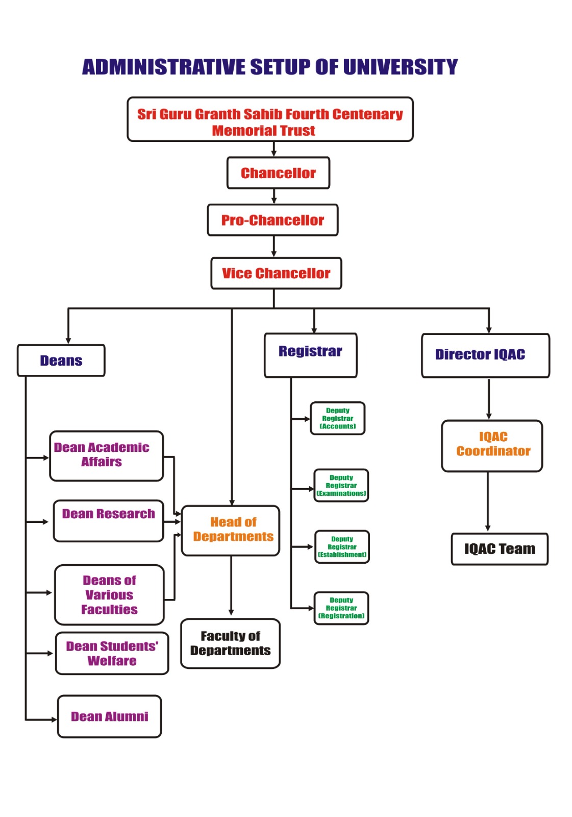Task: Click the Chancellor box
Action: coord(278,173)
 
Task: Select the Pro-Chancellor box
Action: coord(272,220)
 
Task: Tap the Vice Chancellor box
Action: coord(276,273)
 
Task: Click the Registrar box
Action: coord(310,355)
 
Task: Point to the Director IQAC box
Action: coord(485,355)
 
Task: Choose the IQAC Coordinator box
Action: coord(492,446)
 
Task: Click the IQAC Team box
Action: coord(500,549)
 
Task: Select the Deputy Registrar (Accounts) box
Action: coord(337,418)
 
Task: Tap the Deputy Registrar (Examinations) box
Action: coord(341,486)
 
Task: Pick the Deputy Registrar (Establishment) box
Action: coord(342,547)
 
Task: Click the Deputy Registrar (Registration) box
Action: coord(341,608)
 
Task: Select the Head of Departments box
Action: coord(231,531)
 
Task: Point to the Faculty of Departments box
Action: coord(231,643)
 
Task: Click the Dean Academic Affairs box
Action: coord(106,456)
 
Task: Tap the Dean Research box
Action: coord(108,521)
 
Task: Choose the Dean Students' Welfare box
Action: coord(112,654)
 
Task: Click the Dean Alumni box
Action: coord(109,716)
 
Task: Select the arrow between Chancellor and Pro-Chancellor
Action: coord(274,197)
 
